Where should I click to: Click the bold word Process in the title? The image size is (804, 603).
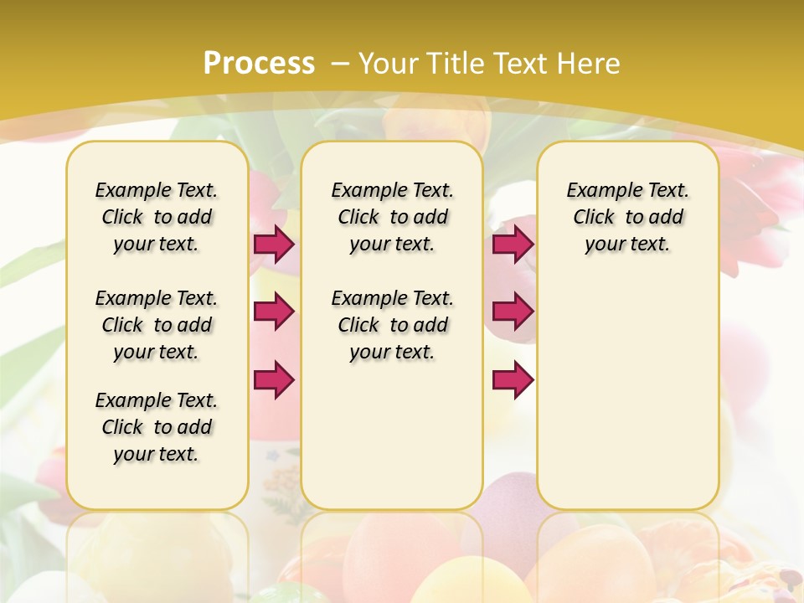coord(259,64)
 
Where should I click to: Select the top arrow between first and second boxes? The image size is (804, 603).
coord(274,244)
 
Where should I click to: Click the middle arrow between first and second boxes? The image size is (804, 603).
coord(274,312)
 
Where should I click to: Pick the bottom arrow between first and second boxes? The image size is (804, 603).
coord(274,379)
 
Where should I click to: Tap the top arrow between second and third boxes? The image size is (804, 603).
coord(513,244)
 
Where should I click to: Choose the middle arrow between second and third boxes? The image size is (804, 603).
coord(513,312)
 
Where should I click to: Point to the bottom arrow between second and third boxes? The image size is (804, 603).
coord(513,380)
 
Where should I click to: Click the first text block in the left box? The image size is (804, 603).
coord(157,217)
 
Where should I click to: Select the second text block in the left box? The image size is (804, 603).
coord(157,325)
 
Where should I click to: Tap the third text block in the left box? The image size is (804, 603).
coord(157,427)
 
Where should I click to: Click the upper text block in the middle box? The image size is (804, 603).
coord(392,217)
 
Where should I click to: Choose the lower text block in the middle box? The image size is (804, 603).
coord(392,325)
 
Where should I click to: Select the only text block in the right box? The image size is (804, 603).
coord(627,217)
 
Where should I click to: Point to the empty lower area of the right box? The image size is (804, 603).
coord(627,394)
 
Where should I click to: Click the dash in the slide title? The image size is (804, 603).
coord(340,64)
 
